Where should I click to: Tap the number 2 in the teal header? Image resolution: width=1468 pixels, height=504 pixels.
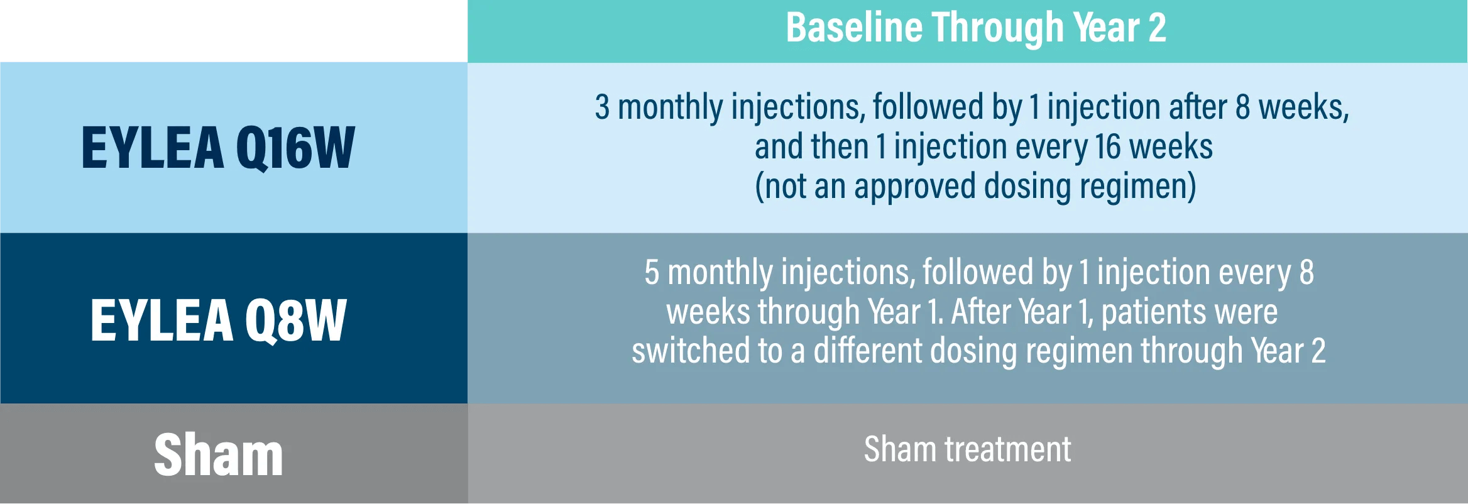click(x=1157, y=28)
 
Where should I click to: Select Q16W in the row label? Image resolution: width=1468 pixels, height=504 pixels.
click(x=296, y=148)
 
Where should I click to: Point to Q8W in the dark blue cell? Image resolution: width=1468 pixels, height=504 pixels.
click(x=295, y=320)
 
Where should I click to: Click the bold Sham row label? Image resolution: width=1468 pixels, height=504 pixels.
click(x=219, y=454)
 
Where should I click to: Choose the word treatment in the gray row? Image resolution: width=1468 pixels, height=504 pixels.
click(x=1008, y=450)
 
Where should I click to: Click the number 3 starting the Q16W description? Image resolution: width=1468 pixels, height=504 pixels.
click(x=602, y=107)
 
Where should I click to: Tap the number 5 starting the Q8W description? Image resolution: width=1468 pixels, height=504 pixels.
click(x=652, y=273)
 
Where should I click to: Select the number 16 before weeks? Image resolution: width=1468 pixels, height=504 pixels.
click(x=1108, y=147)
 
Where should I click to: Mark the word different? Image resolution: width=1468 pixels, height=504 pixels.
click(x=868, y=351)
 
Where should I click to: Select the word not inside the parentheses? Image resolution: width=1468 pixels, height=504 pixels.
click(x=785, y=187)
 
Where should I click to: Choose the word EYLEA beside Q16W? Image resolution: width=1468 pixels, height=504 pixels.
click(x=153, y=148)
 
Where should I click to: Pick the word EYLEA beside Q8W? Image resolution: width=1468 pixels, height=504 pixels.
click(x=162, y=320)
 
